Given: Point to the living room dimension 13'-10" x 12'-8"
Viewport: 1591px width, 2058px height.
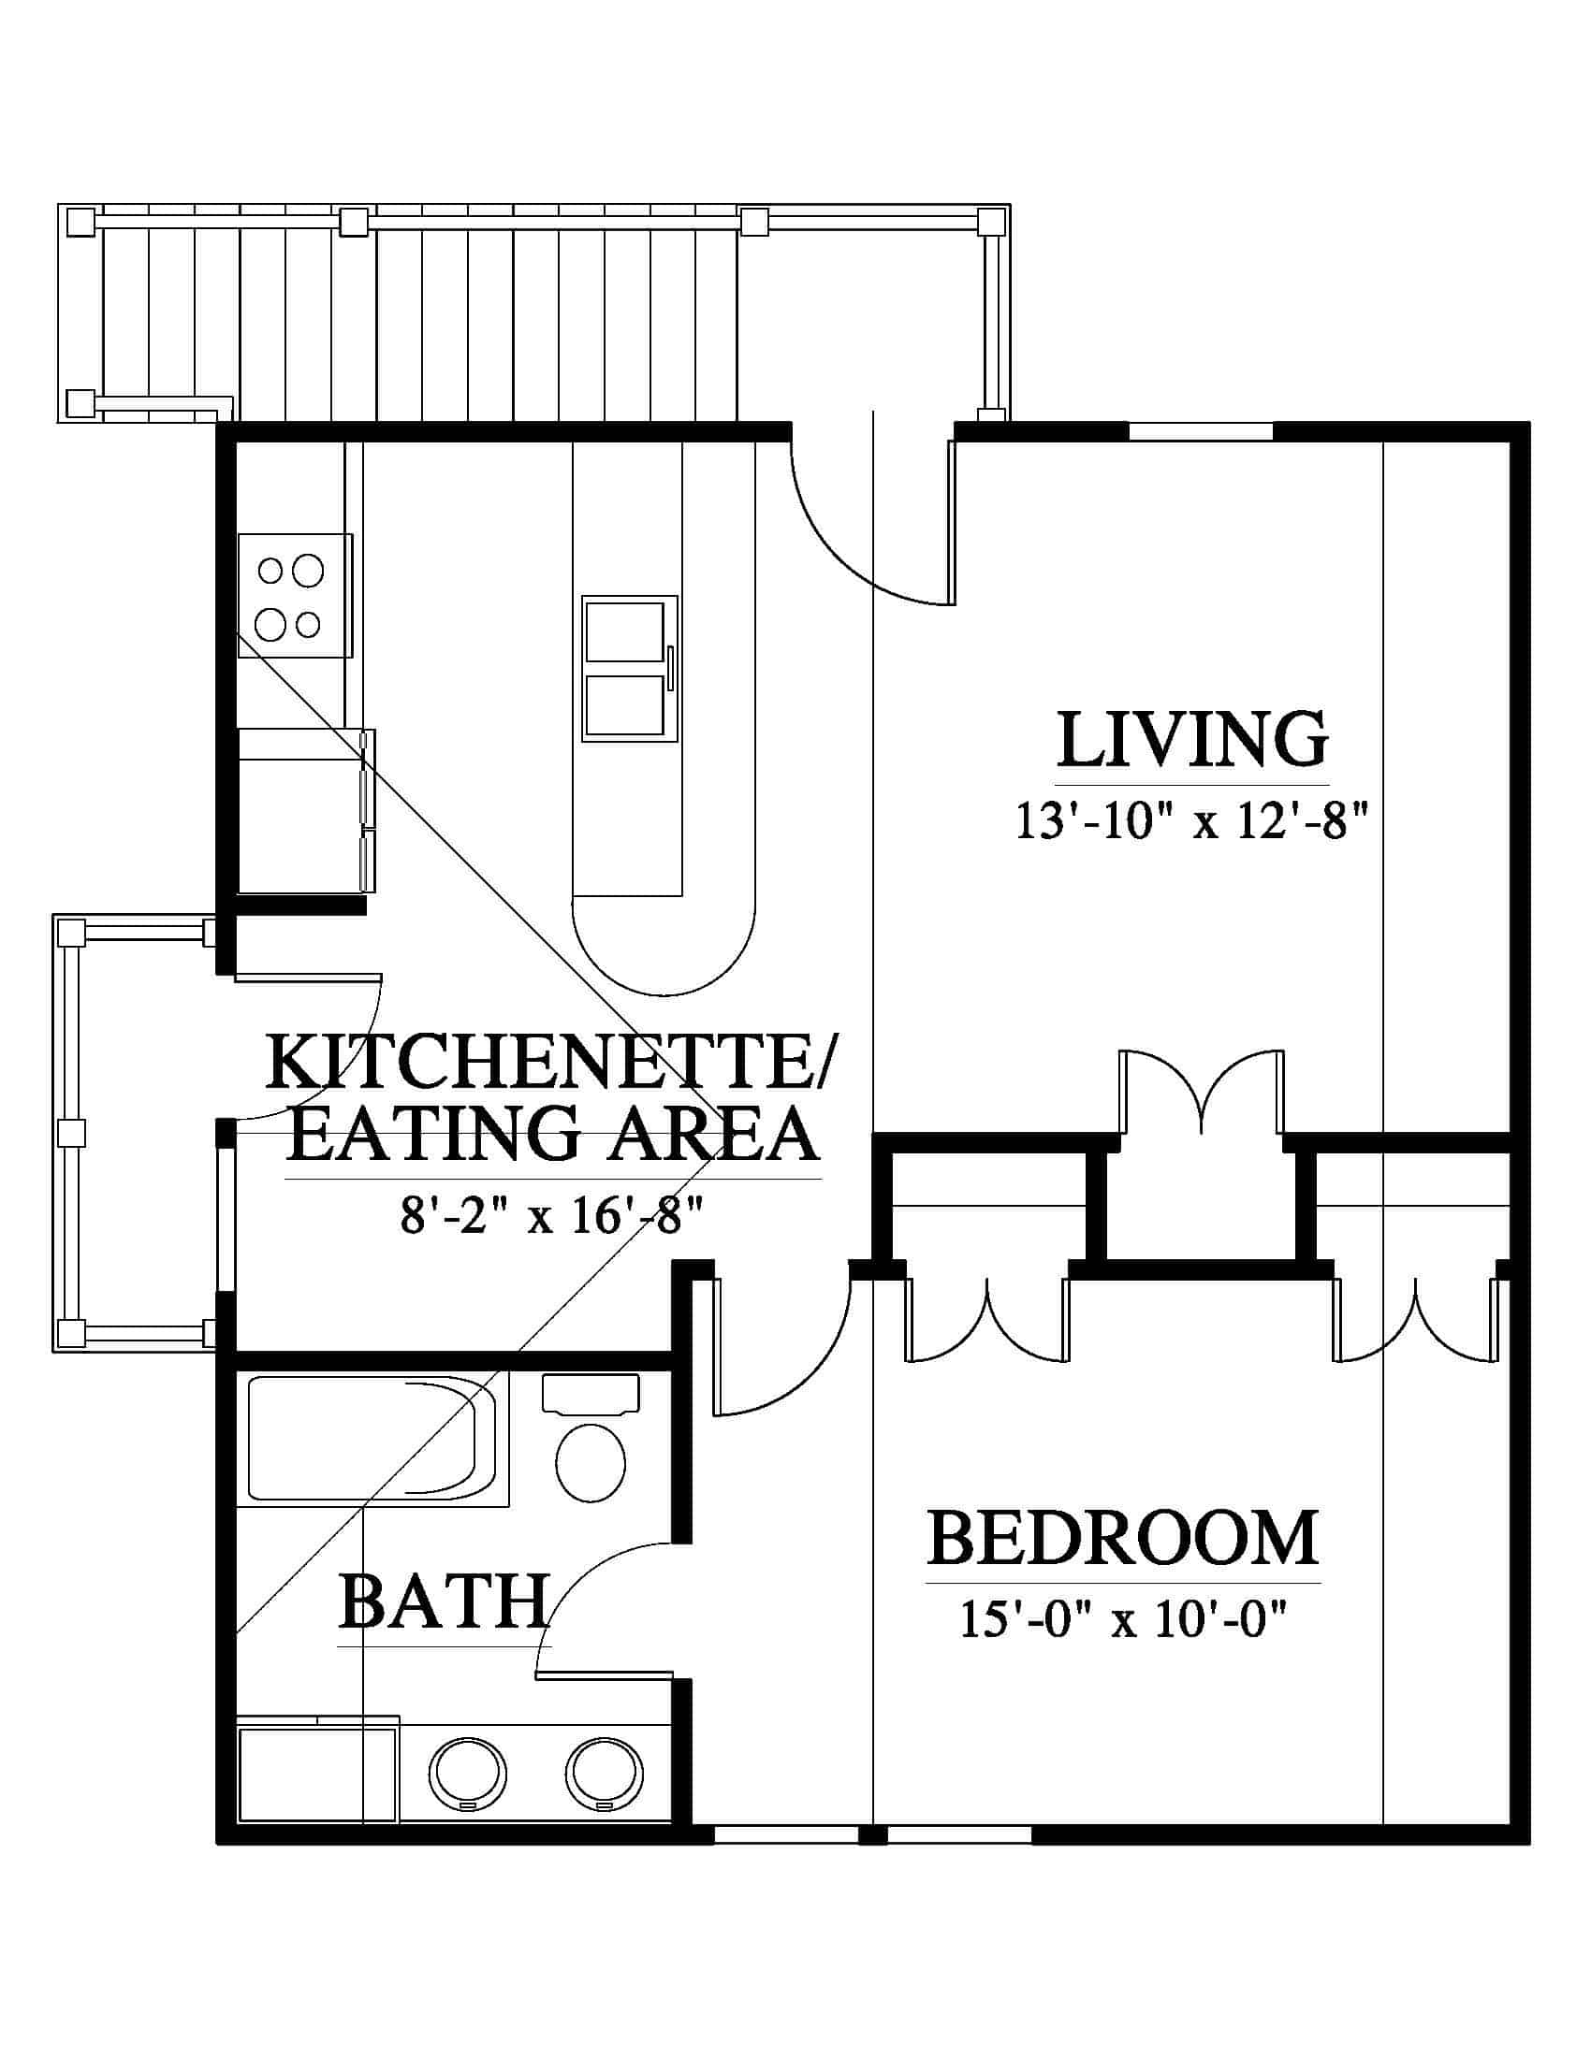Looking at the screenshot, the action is coord(1190,821).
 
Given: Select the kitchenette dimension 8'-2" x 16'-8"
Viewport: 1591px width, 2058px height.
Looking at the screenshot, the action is coord(553,1216).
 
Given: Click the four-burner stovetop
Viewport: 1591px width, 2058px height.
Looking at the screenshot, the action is coord(294,596).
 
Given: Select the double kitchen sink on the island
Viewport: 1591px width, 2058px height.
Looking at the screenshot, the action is coord(630,668).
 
